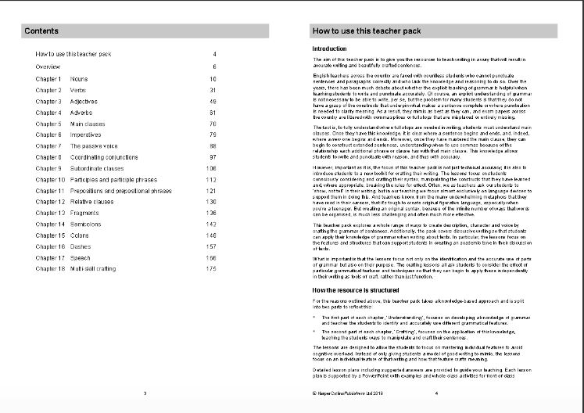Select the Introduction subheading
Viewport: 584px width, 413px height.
coord(328,49)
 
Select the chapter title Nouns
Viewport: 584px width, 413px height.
coord(79,79)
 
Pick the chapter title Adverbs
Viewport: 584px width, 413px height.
coord(81,113)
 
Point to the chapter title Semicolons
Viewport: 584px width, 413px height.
coord(87,224)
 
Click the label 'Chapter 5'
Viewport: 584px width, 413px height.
coord(48,124)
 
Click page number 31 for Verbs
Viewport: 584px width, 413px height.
coord(212,90)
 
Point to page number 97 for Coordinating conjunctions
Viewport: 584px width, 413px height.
coord(212,157)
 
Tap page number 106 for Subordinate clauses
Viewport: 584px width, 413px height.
coord(210,168)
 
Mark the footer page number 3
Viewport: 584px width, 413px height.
coord(145,393)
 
